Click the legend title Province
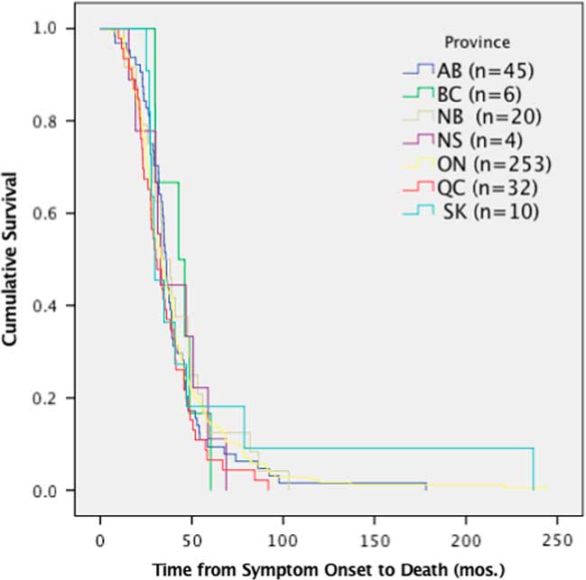[x=477, y=41]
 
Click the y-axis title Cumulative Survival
[x=13, y=260]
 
